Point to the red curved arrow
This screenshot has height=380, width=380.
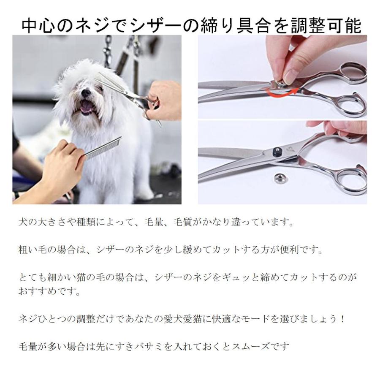click(x=281, y=89)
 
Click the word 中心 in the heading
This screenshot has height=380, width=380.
click(x=38, y=25)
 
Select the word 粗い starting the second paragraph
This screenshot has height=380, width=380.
click(x=28, y=250)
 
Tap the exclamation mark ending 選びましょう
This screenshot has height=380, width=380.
click(x=342, y=319)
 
